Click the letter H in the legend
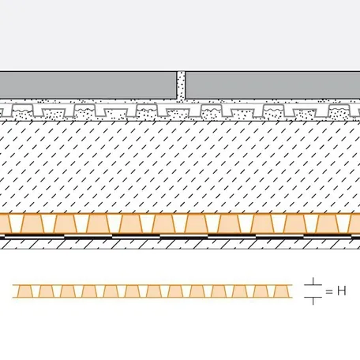[342, 291]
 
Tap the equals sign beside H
[329, 291]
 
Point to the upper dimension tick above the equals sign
[313, 282]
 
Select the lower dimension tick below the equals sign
[313, 300]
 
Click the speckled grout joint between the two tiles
[181, 85]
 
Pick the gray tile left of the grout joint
[88, 85]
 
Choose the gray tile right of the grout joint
[273, 85]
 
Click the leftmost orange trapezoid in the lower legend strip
[24, 291]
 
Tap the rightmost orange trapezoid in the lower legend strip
[281, 291]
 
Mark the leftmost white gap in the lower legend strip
[36, 291]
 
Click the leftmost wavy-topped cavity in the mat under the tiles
[23, 111]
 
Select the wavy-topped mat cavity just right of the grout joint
[212, 111]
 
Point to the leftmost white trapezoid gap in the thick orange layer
[16, 223]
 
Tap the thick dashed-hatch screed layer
[180, 167]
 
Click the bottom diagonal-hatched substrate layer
[180, 244]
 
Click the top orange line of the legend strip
[152, 285]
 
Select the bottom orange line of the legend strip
[152, 298]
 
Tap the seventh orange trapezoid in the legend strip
[153, 291]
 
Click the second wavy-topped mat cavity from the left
[84, 111]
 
